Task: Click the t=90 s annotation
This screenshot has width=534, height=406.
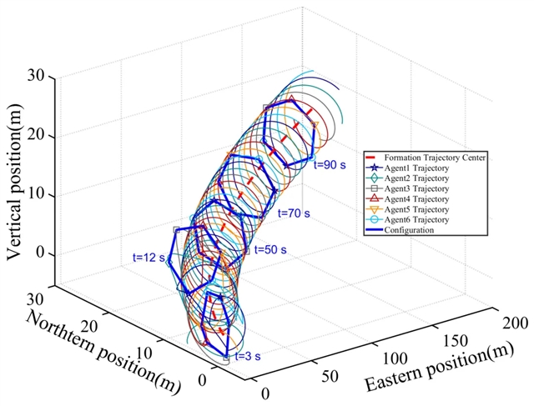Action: [330, 165]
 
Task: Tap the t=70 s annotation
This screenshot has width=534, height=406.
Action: [294, 213]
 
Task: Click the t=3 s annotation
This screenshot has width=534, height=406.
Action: [248, 356]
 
